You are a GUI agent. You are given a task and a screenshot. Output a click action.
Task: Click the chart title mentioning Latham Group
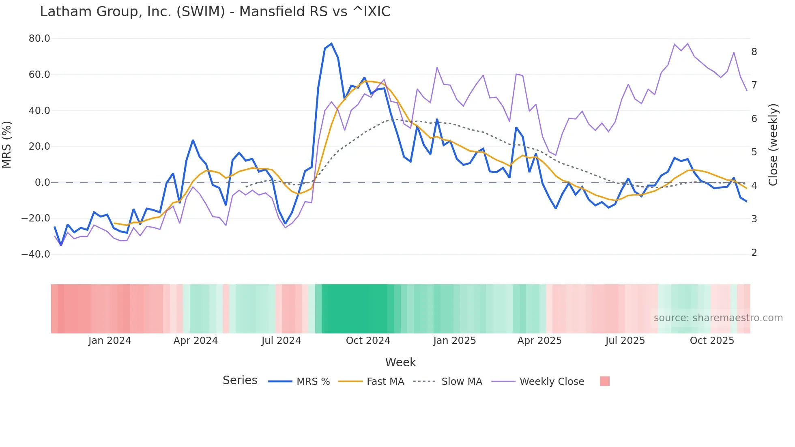(x=215, y=12)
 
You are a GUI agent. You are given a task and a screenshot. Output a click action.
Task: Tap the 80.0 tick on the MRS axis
(x=39, y=39)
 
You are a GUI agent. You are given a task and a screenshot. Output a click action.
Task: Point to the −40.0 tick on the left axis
(x=36, y=254)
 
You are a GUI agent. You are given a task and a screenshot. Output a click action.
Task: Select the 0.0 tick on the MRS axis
(x=42, y=183)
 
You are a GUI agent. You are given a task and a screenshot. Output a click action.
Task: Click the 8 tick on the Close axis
(x=754, y=52)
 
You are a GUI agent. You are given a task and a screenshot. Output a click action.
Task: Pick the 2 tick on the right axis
(x=754, y=253)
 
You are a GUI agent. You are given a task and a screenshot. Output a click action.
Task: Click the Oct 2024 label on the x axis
(x=368, y=341)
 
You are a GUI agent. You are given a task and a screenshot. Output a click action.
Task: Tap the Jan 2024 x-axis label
(x=110, y=341)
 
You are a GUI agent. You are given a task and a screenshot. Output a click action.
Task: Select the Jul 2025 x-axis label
(x=625, y=341)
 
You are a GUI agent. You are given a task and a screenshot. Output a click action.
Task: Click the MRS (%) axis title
(x=7, y=145)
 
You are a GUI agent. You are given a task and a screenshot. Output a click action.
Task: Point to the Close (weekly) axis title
(x=773, y=145)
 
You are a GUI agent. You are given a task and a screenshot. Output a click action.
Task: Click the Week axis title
(x=400, y=362)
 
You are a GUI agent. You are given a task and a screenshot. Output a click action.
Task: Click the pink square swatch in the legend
(x=604, y=381)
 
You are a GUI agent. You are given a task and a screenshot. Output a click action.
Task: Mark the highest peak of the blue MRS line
(x=331, y=43)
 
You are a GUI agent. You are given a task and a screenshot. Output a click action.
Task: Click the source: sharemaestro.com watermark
(x=718, y=318)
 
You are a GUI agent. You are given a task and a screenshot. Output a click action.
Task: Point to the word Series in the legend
(x=240, y=380)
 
